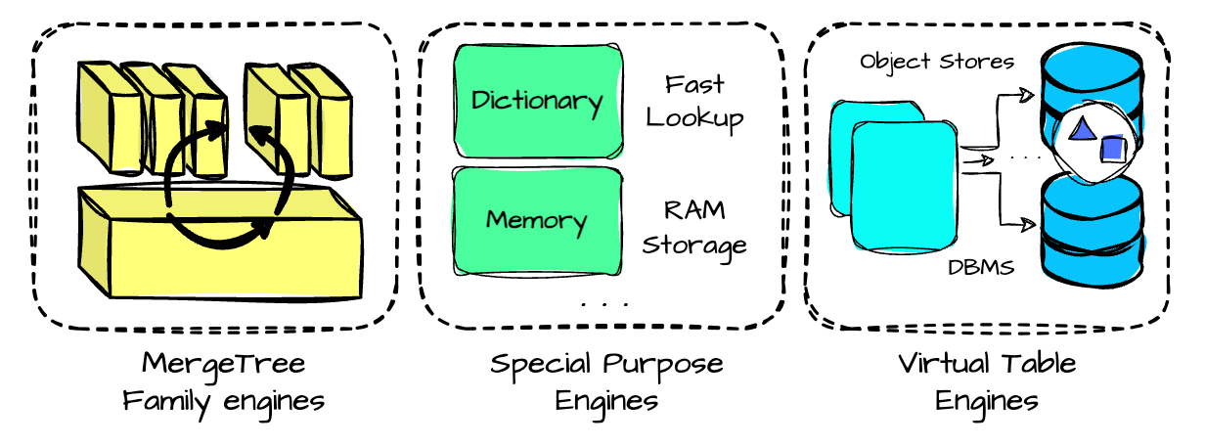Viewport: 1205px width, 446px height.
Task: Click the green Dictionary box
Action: click(x=539, y=101)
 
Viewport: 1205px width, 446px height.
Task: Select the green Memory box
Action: click(x=537, y=221)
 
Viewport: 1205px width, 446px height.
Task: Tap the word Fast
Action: click(x=694, y=84)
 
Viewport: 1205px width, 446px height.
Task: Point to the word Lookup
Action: click(x=694, y=119)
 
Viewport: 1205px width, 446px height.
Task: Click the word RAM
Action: click(x=694, y=210)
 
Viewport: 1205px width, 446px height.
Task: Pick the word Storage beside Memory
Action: click(x=694, y=246)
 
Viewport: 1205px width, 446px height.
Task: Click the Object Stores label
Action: click(x=937, y=62)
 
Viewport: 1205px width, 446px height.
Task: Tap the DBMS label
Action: click(x=981, y=267)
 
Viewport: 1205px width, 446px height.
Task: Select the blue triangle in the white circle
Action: click(x=1082, y=130)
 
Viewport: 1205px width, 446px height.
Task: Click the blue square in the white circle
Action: click(x=1113, y=148)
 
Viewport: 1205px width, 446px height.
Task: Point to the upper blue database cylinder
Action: click(x=1092, y=97)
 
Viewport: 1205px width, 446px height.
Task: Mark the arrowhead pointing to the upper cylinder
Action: click(x=1026, y=96)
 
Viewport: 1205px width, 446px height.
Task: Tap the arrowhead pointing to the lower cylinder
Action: click(x=1028, y=224)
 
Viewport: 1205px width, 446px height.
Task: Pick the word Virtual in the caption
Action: click(x=944, y=364)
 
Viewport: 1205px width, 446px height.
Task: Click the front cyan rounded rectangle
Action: click(x=905, y=187)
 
